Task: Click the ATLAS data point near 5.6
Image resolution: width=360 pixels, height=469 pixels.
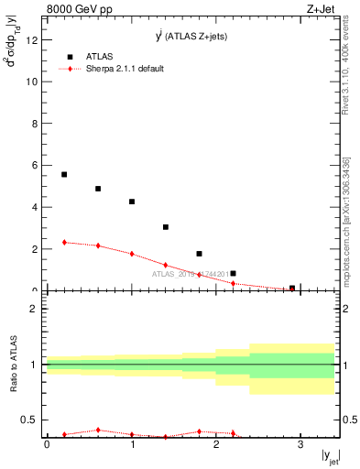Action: pos(64,174)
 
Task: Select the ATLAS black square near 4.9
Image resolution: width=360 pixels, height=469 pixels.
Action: pos(98,189)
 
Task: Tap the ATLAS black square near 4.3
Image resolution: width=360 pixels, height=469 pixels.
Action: pos(132,202)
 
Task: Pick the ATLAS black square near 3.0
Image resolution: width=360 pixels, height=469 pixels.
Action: pos(166,227)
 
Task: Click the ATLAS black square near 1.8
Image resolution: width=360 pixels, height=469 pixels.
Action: pos(200,254)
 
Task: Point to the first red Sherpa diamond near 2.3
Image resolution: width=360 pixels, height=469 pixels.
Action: pos(64,243)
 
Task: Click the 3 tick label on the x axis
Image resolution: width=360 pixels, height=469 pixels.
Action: pos(300,444)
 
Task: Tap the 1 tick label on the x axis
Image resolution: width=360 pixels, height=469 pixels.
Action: pos(132,444)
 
